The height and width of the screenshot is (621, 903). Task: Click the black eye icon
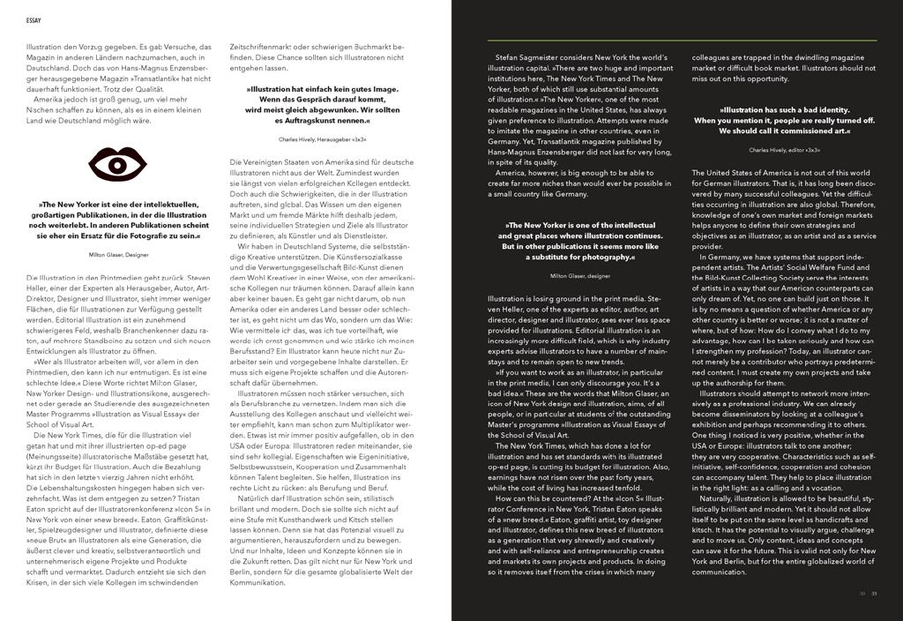118,164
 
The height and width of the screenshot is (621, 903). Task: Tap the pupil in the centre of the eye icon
118,164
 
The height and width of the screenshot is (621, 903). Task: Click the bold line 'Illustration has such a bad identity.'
784,110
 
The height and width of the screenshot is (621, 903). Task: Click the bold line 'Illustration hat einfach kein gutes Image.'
322,89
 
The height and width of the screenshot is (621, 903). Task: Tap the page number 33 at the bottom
875,592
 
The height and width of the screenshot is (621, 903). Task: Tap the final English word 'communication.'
720,572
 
